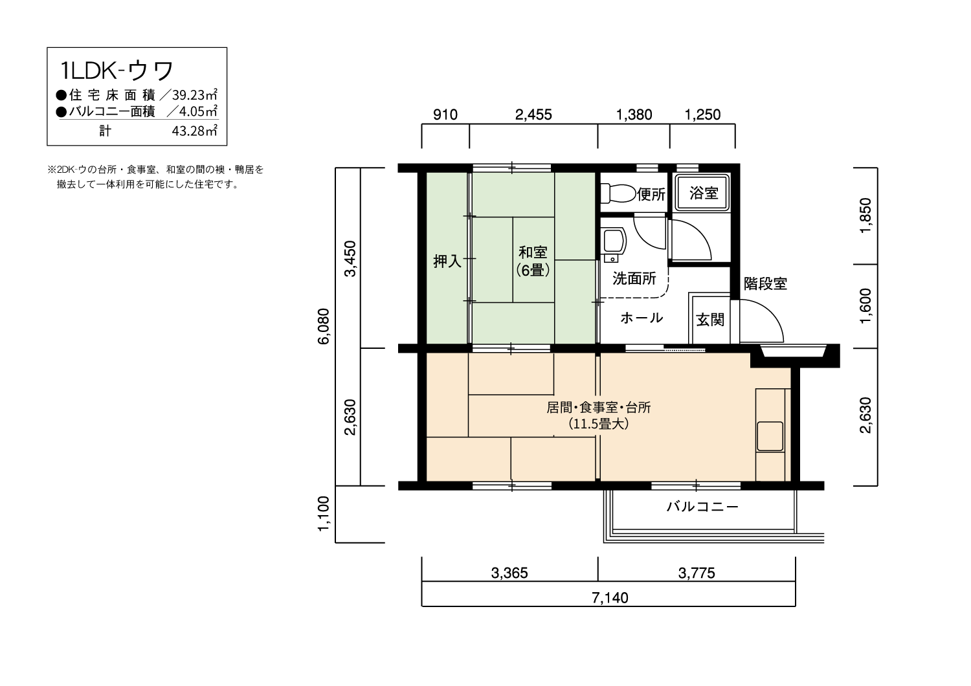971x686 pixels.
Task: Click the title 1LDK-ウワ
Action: point(117,70)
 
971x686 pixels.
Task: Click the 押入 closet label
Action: point(447,261)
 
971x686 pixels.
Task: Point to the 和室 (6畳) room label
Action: point(533,261)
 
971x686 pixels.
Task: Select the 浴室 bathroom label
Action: point(703,193)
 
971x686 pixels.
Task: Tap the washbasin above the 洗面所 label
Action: point(613,241)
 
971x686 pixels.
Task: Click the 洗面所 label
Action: point(634,279)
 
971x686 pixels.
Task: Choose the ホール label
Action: point(642,318)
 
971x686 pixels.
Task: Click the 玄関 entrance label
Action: point(710,320)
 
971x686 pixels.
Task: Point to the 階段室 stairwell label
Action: point(765,283)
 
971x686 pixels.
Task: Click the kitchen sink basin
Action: point(770,436)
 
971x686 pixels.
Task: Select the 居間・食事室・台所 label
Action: point(599,408)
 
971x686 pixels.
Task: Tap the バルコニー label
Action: point(702,507)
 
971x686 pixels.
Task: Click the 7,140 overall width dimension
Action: point(610,598)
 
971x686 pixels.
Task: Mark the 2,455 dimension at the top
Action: point(533,115)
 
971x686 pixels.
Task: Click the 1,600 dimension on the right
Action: point(866,306)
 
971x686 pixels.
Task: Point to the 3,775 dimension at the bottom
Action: point(697,573)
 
